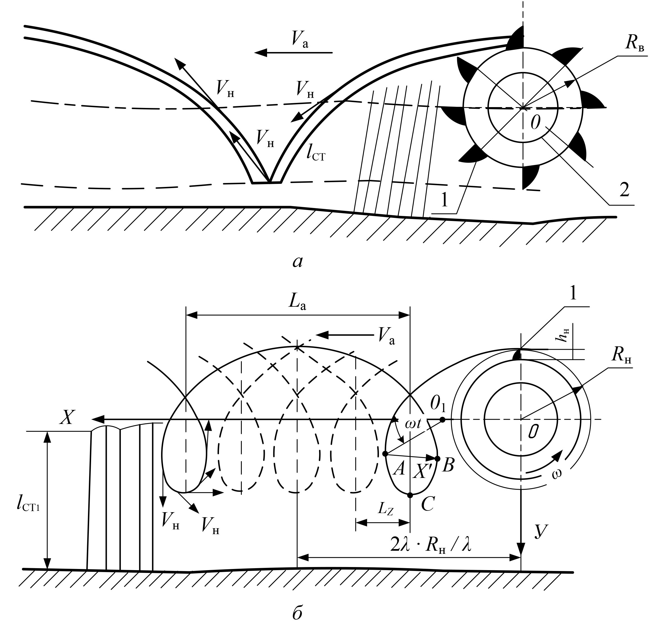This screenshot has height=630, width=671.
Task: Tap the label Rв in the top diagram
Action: click(634, 44)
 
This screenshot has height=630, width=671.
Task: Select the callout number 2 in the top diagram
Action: click(624, 190)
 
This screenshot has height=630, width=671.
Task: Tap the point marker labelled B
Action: click(437, 459)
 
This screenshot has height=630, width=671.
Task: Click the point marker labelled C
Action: click(410, 495)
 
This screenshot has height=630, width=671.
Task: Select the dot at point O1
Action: click(442, 420)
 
